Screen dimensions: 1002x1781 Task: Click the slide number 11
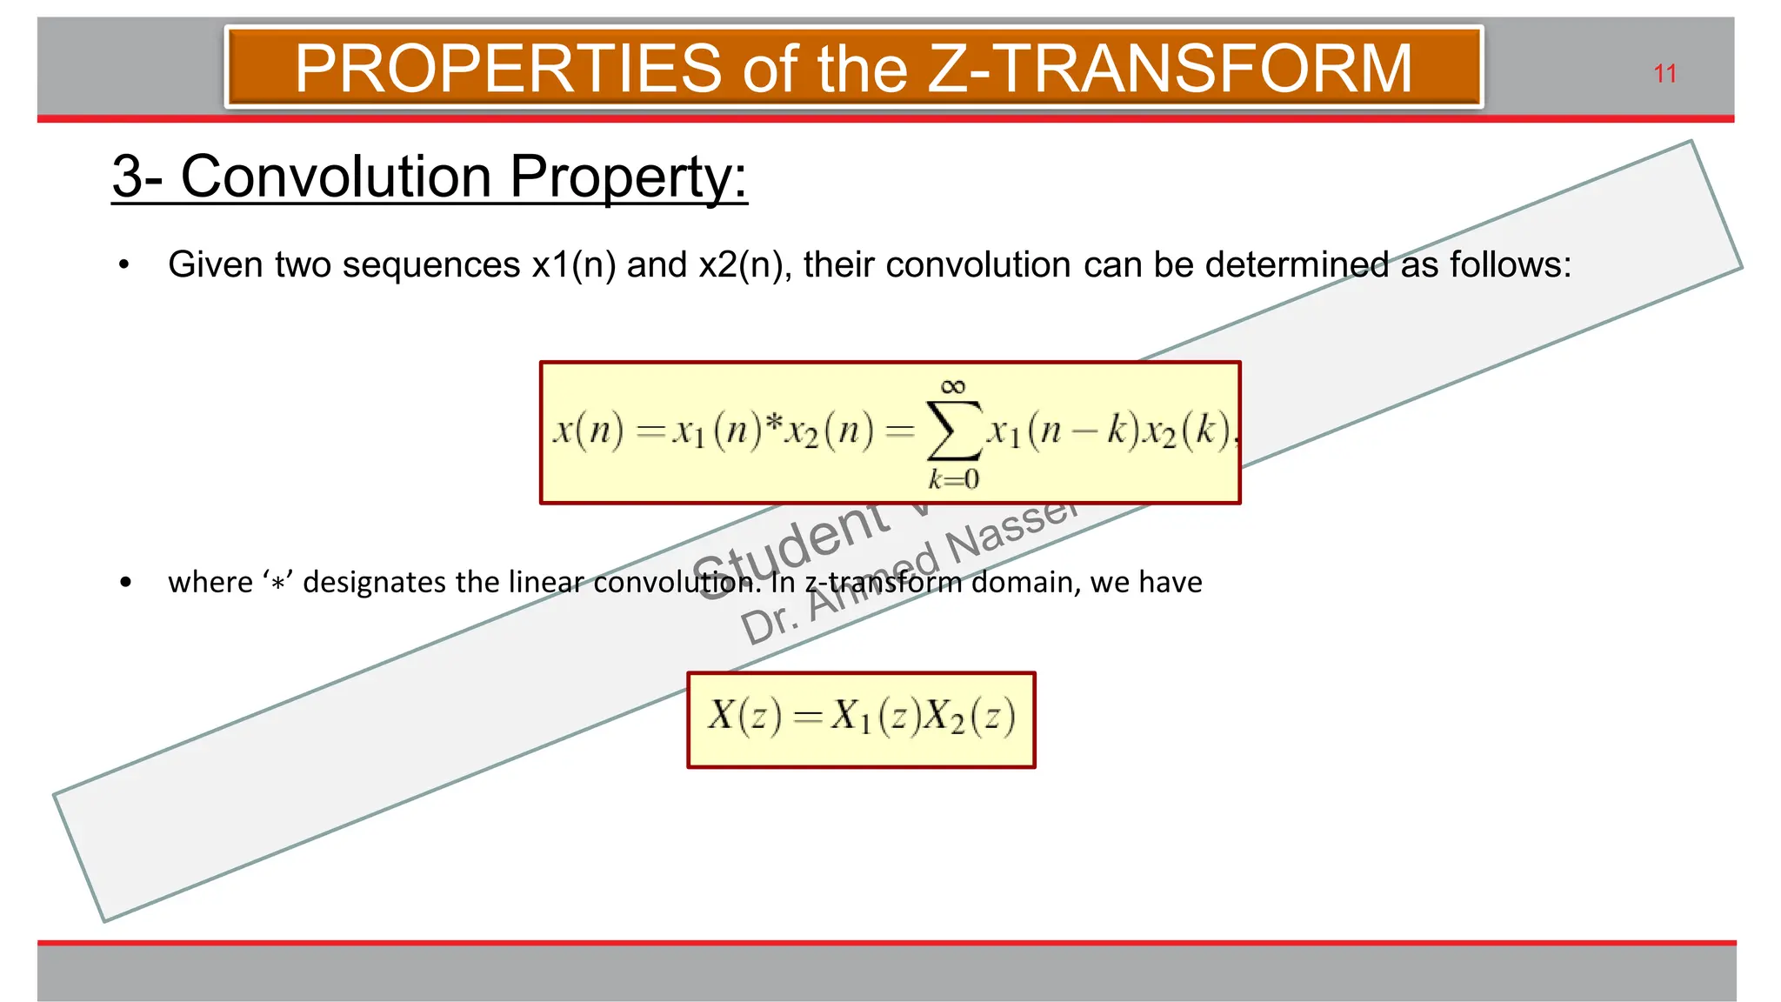coord(1664,74)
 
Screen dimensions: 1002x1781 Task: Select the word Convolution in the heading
coord(336,177)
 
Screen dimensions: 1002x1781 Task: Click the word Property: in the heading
coord(628,177)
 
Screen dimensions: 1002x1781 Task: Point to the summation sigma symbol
coord(954,430)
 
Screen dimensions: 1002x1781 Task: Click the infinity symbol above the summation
coord(953,386)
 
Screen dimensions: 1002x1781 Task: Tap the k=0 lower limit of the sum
coord(953,479)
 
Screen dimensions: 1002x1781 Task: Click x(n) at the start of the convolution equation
coord(589,430)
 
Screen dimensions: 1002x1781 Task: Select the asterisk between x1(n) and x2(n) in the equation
coord(773,424)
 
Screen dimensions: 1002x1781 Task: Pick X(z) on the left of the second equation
coord(744,717)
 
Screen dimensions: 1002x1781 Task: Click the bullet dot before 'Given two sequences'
coord(124,264)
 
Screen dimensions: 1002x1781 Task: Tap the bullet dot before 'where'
coord(126,582)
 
